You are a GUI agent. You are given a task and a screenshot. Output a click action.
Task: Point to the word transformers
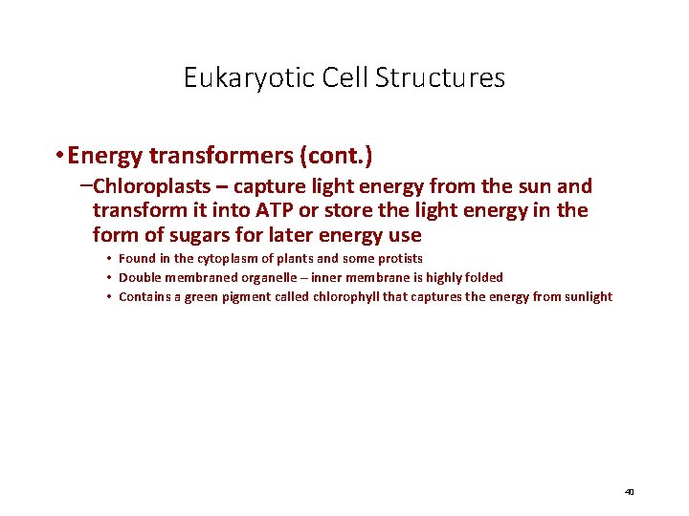[x=205, y=156]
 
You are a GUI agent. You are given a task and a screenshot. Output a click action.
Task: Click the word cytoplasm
[x=211, y=259]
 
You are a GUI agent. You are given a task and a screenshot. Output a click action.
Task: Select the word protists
[x=401, y=259]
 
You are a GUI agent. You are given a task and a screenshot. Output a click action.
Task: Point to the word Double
[x=137, y=278]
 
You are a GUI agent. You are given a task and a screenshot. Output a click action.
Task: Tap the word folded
[x=482, y=278]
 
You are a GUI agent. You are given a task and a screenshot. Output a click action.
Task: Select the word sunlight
[x=587, y=297]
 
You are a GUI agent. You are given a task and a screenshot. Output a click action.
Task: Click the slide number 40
[x=629, y=492]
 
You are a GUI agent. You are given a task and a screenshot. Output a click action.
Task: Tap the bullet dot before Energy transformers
[x=59, y=156]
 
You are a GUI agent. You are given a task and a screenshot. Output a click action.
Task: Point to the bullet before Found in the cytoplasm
[x=110, y=259]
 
